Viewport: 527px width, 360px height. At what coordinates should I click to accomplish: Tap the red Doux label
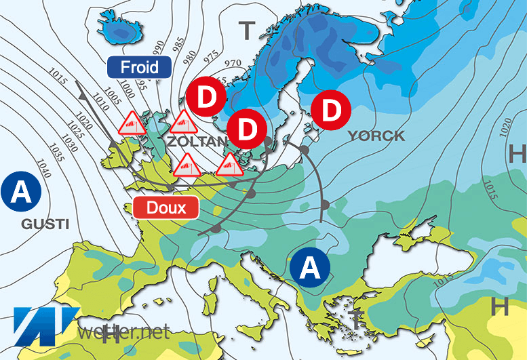(165, 207)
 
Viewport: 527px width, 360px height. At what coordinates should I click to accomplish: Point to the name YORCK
(376, 136)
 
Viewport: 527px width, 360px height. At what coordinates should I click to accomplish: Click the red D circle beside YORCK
(330, 110)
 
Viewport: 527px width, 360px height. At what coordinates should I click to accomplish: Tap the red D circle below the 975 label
(208, 98)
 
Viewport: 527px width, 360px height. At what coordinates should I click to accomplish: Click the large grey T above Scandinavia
(248, 29)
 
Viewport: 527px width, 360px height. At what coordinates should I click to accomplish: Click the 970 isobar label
(233, 64)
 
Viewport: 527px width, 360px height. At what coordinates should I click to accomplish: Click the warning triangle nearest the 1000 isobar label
(131, 123)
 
